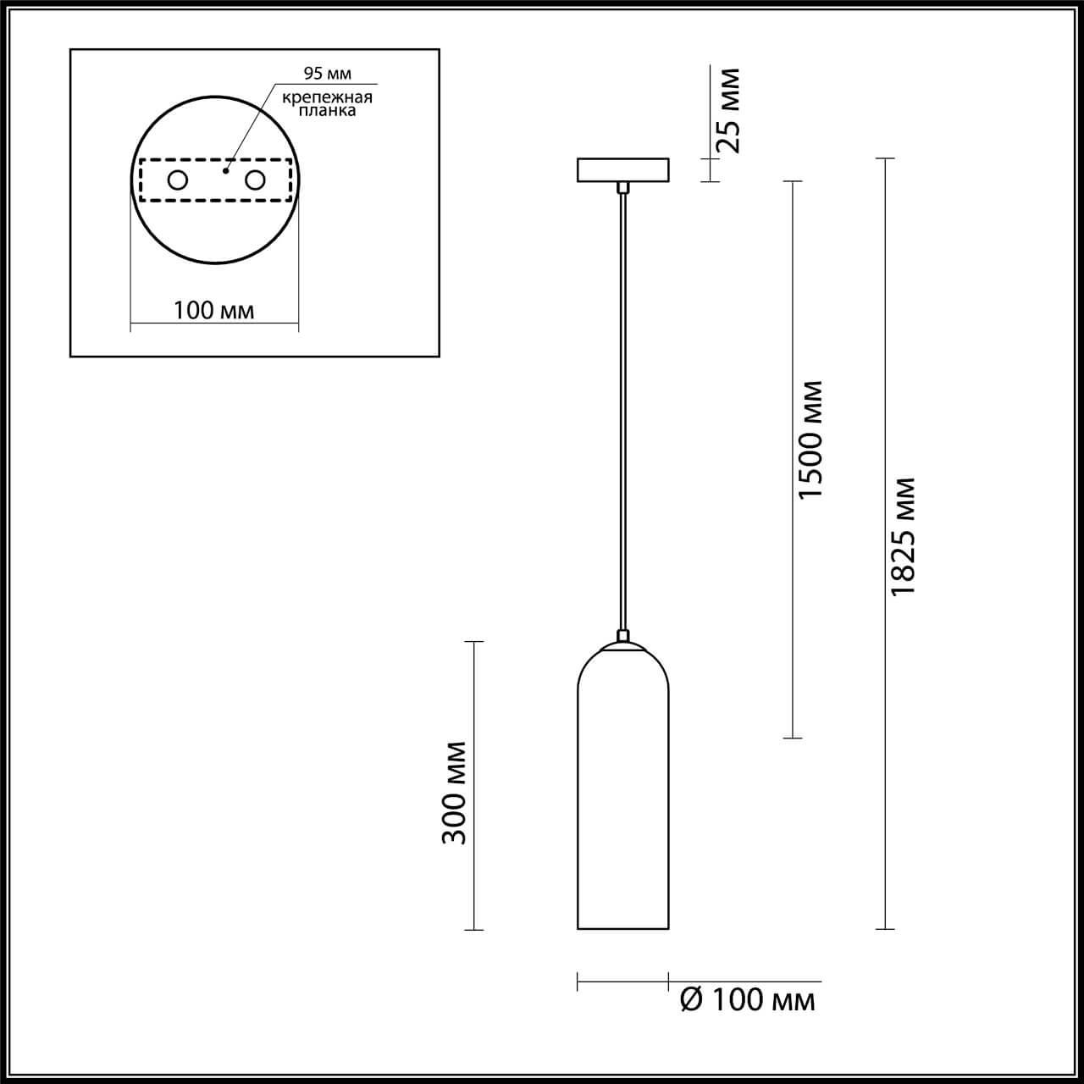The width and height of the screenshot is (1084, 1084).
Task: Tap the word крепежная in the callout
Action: pos(328,97)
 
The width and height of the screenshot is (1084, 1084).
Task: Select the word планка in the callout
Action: pos(328,110)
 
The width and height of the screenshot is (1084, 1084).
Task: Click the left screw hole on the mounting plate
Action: pos(178,180)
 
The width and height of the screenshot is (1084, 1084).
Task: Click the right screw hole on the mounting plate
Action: pos(254,180)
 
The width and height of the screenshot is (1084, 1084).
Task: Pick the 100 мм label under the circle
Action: pos(213,310)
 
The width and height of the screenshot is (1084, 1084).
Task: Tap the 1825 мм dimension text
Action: pos(904,535)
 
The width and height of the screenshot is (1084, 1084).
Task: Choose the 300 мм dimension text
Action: pos(455,793)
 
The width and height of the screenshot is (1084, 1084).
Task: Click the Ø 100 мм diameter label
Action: pos(747,1000)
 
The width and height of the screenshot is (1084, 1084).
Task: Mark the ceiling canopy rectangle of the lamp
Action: pos(622,170)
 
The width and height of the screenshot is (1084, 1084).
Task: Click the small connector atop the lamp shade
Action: pos(622,635)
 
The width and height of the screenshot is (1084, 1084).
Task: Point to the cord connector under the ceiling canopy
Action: pos(622,187)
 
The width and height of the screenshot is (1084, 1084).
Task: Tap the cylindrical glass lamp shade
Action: pos(622,805)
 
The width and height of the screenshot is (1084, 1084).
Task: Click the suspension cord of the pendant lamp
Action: pos(622,406)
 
